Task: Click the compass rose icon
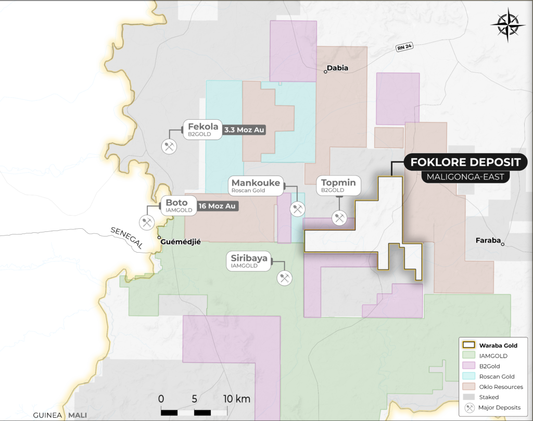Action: tap(508, 25)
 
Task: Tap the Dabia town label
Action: tap(337, 68)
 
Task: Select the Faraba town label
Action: tap(488, 240)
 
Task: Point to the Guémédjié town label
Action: tap(181, 241)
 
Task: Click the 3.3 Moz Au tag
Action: tap(244, 130)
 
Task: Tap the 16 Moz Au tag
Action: tap(218, 206)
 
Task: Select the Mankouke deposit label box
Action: tap(256, 185)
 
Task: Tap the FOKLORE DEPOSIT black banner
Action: tap(465, 163)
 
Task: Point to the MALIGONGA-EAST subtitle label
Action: tap(465, 177)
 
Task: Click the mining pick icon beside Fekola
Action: tap(169, 146)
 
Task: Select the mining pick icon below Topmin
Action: tap(340, 218)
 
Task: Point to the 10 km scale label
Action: tap(236, 399)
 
